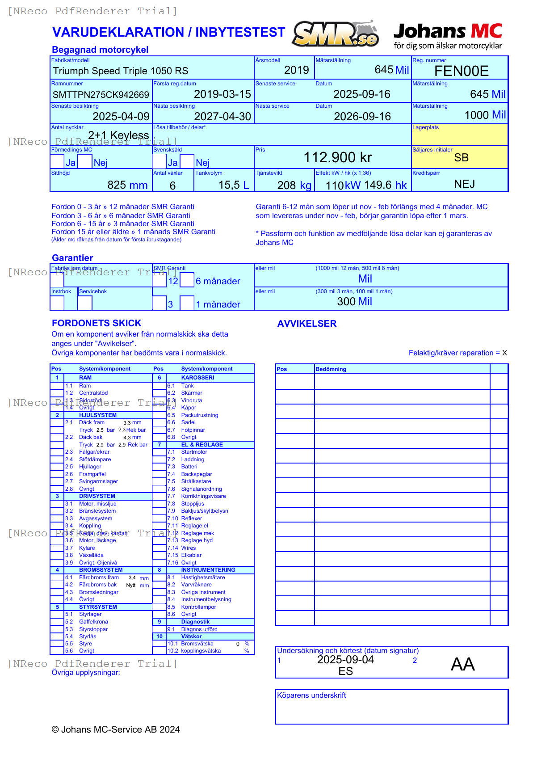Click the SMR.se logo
335,34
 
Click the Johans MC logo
448,36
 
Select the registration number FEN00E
461,71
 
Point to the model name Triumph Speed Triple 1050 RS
121,71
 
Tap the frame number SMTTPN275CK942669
101,95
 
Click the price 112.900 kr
338,157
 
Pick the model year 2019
296,70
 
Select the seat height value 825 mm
127,185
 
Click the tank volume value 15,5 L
233,185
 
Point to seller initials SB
461,158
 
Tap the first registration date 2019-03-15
222,94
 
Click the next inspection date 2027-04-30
222,117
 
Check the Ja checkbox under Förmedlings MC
57,161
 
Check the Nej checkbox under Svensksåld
187,161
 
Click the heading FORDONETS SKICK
97,323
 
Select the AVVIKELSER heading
307,324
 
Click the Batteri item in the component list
189,467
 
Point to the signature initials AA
462,664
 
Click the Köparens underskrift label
311,695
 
